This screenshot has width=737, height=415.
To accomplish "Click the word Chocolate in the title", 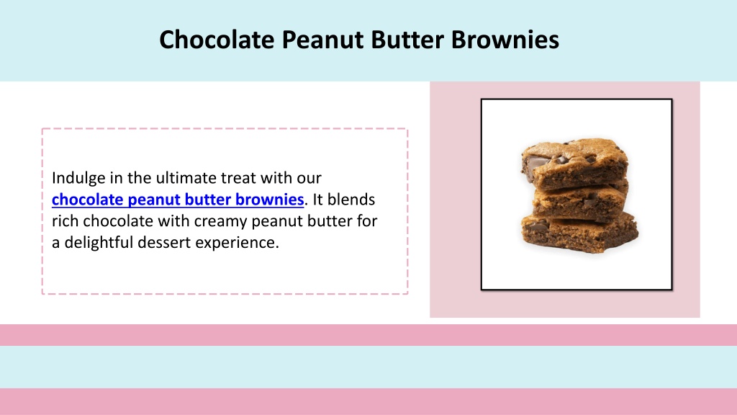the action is click(x=217, y=39).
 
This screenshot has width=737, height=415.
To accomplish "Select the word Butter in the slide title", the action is click(x=407, y=39).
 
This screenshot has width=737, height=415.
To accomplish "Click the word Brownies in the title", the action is click(x=505, y=39).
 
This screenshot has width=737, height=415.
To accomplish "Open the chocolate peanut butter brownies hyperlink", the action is click(x=178, y=200).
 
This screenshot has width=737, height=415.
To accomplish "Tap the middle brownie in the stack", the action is click(x=580, y=202).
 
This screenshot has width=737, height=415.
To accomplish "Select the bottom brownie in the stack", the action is click(x=580, y=233).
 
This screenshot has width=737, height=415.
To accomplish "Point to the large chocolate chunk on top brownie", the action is click(x=535, y=163).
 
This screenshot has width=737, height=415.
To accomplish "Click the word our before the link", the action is click(x=309, y=179).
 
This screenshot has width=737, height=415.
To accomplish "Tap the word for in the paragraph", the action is click(x=366, y=220).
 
